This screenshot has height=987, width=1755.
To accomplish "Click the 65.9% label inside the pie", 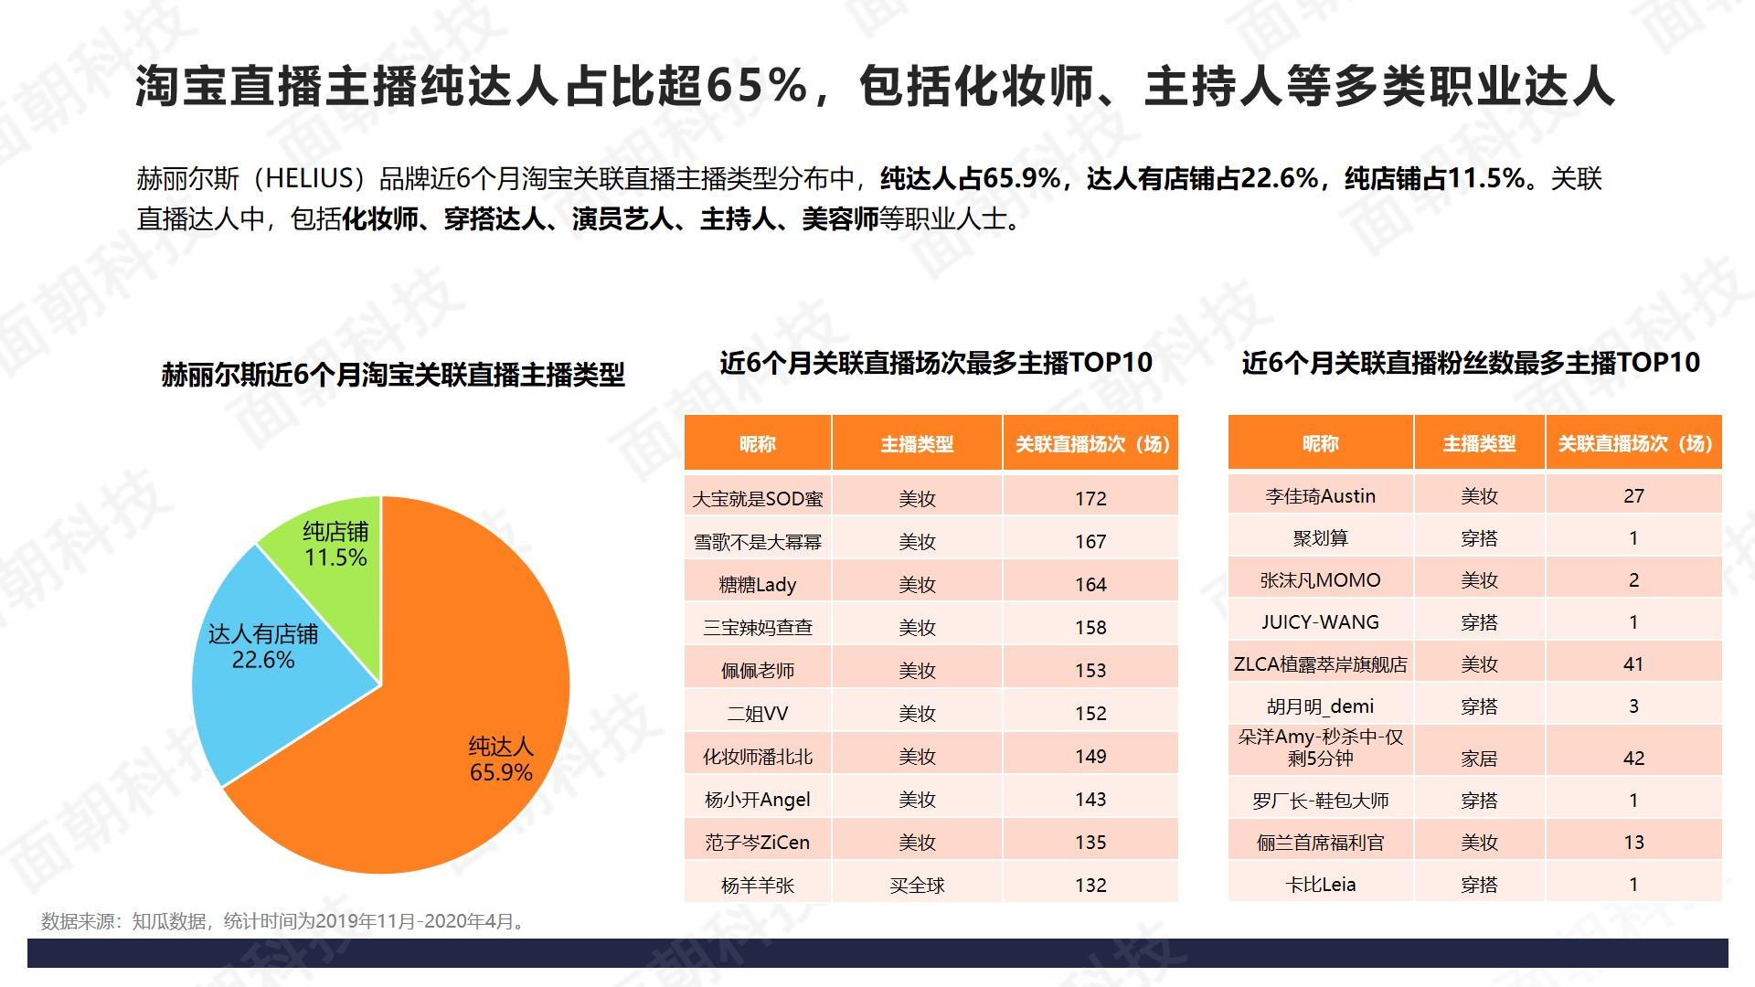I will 501,773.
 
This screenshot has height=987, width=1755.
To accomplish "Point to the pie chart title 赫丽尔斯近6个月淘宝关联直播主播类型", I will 393,375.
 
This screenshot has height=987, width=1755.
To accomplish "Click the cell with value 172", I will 1090,499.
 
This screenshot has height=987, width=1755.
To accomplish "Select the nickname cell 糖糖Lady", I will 757,585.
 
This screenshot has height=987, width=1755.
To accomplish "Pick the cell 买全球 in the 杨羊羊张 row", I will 917,886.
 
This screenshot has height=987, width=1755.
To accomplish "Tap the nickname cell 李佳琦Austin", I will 1320,496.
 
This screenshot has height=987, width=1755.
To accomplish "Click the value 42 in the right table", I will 1633,759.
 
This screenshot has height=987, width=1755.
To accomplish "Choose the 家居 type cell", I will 1479,759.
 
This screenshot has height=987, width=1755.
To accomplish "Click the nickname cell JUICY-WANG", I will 1320,622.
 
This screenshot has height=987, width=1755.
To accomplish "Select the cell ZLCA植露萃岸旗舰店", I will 1320,664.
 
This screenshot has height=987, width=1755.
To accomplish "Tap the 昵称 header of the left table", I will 757,444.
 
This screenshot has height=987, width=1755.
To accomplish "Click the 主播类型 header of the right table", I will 1479,444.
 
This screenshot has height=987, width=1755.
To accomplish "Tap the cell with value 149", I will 1090,757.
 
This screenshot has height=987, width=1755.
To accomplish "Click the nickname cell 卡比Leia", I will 1320,885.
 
